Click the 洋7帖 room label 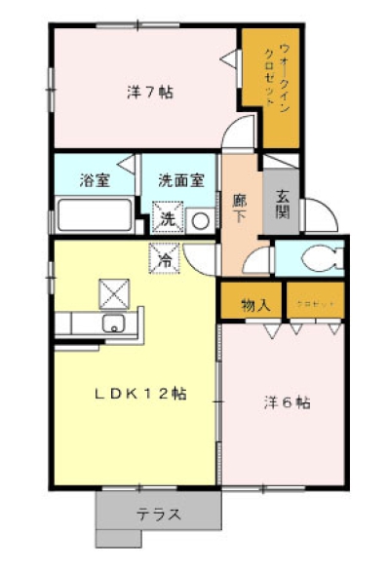pyautogui.click(x=150, y=93)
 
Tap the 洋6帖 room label pyautogui.click(x=287, y=401)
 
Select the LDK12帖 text pyautogui.click(x=140, y=395)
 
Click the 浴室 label pyautogui.click(x=95, y=180)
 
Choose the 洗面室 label pyautogui.click(x=181, y=180)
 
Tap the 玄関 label pyautogui.click(x=282, y=202)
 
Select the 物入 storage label pyautogui.click(x=255, y=305)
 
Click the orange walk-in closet pyautogui.click(x=263, y=83)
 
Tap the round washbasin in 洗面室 pyautogui.click(x=200, y=220)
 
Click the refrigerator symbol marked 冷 pyautogui.click(x=165, y=260)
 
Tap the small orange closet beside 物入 pyautogui.click(x=314, y=303)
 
